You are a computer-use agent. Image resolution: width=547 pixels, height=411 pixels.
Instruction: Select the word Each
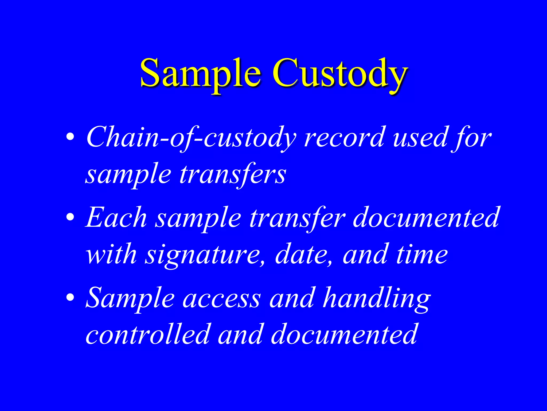pyautogui.click(x=116, y=218)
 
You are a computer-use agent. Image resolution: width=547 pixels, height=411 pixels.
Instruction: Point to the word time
pyautogui.click(x=422, y=254)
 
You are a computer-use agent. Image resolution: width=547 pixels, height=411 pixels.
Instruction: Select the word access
pyautogui.click(x=222, y=298)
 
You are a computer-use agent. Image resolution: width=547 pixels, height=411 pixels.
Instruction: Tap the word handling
pyautogui.click(x=377, y=298)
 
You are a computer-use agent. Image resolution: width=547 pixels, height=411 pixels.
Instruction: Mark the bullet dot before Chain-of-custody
pyautogui.click(x=70, y=137)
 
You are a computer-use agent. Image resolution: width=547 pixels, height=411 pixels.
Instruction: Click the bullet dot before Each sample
pyautogui.click(x=70, y=217)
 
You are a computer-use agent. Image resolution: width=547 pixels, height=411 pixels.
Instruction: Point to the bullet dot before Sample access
pyautogui.click(x=70, y=297)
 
